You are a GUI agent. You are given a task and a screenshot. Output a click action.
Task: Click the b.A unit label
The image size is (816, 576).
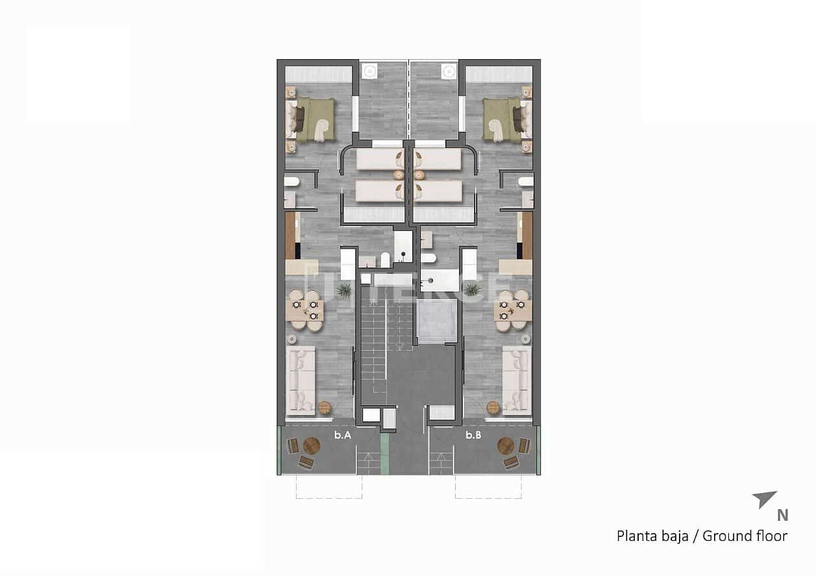tap(343, 436)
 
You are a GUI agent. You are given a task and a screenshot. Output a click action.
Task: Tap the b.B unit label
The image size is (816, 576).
tap(473, 436)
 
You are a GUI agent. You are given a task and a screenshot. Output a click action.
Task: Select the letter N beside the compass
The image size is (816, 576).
tap(782, 516)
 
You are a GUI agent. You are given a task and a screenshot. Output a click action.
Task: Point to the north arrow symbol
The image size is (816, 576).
tap(764, 499)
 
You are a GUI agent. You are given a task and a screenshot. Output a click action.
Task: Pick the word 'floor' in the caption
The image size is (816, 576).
tap(772, 536)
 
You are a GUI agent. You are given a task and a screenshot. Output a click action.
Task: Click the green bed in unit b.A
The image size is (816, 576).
tap(314, 119)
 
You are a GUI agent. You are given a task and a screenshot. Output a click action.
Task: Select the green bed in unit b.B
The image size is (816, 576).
tap(503, 119)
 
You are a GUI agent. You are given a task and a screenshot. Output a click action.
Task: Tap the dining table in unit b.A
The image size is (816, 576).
tap(305, 311)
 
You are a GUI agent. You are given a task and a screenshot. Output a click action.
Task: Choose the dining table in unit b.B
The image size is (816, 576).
tap(512, 311)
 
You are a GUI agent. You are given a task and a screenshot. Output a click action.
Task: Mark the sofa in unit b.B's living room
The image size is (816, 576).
tap(517, 379)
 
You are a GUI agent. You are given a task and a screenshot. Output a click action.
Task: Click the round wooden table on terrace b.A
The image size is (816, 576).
tap(312, 445)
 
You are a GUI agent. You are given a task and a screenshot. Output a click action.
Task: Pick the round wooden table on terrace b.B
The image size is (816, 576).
tap(506, 445)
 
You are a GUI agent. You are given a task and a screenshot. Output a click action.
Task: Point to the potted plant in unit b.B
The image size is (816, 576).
tap(472, 290)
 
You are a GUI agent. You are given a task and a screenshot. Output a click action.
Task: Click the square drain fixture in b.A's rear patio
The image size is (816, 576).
tap(371, 70)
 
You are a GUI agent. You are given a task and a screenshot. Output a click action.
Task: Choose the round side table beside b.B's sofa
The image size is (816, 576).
tap(493, 407)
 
